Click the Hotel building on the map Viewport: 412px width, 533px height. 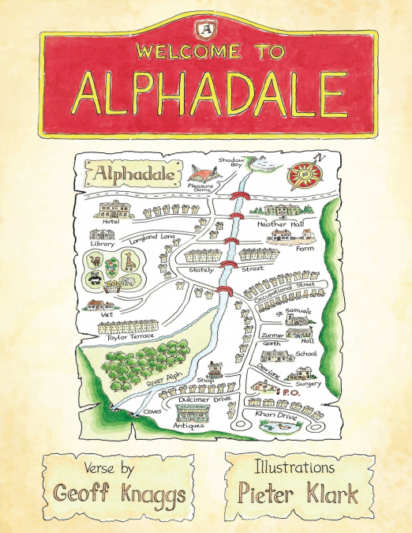[x=115, y=208]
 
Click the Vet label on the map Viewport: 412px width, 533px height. [x=108, y=313]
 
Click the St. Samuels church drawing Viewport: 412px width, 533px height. [x=296, y=324]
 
